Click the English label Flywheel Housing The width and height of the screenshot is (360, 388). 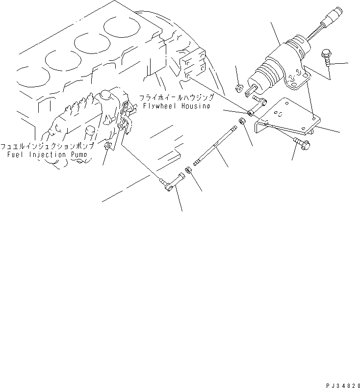tap(176, 105)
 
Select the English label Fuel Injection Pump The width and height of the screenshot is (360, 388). tap(48, 155)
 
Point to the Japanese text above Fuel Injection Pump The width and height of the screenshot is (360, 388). tap(47, 147)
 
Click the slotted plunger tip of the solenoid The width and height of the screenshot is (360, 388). tap(252, 92)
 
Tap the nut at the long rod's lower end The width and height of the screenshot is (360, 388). tap(187, 172)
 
